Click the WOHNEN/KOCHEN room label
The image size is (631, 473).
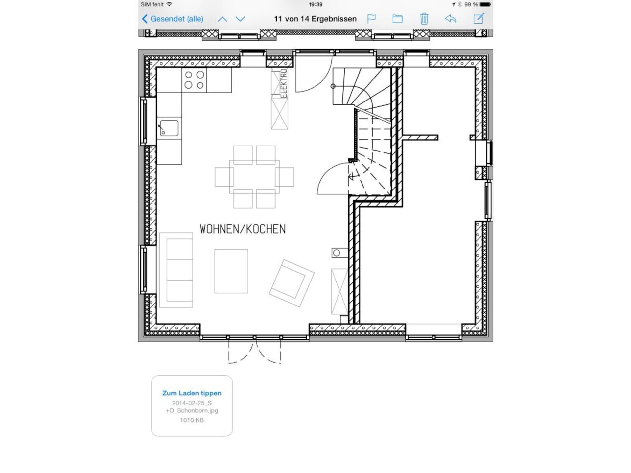pyautogui.click(x=243, y=229)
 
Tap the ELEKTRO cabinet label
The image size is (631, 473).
pyautogui.click(x=284, y=83)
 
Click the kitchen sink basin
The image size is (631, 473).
pyautogui.click(x=169, y=128)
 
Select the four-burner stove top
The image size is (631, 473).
pyautogui.click(x=194, y=80)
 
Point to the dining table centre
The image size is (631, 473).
pyautogui.click(x=254, y=177)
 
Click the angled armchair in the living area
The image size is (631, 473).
pyautogui.click(x=292, y=283)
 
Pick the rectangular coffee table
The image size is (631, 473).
pyautogui.click(x=231, y=271)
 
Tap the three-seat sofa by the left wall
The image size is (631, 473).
pyautogui.click(x=176, y=270)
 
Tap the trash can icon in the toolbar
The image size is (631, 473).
pyautogui.click(x=424, y=19)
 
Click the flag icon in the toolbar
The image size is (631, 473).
pyautogui.click(x=371, y=19)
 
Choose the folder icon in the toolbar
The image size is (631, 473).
pyautogui.click(x=397, y=19)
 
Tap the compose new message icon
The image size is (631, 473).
pyautogui.click(x=479, y=18)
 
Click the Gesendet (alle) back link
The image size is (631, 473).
pyautogui.click(x=173, y=19)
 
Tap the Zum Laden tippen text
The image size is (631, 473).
pyautogui.click(x=192, y=393)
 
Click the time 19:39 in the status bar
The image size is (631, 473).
pyautogui.click(x=315, y=4)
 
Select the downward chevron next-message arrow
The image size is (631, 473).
pyautogui.click(x=240, y=19)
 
